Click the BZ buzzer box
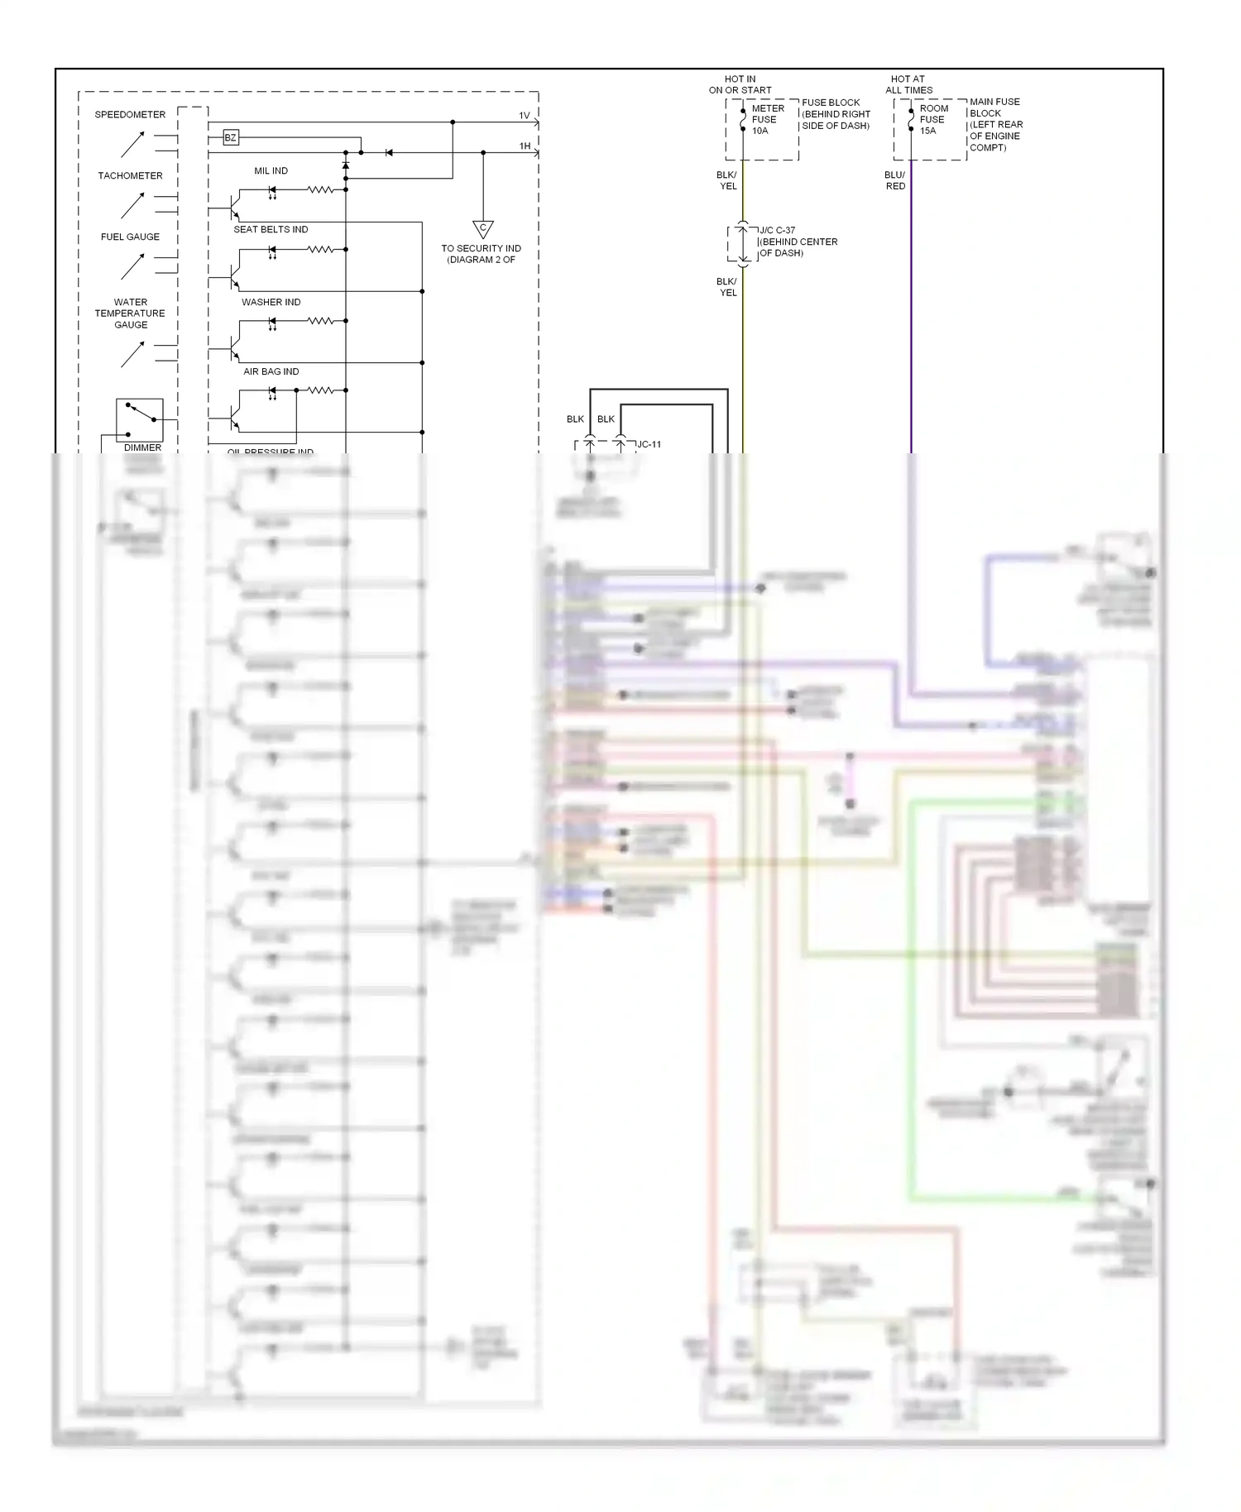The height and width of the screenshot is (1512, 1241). (x=231, y=138)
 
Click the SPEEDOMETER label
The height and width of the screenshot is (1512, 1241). (x=130, y=115)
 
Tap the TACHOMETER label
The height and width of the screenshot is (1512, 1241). (x=130, y=176)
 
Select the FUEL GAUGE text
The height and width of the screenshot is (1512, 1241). (x=130, y=237)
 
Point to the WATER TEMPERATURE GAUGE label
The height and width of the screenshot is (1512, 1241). (x=130, y=313)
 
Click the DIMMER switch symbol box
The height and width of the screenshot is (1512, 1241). (x=140, y=420)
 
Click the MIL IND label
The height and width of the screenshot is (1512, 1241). (x=271, y=171)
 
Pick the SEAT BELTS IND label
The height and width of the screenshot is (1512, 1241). (x=271, y=230)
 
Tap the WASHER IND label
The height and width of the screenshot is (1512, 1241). (x=271, y=303)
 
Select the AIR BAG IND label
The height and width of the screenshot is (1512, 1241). (x=271, y=372)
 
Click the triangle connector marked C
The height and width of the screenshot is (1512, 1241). (x=483, y=229)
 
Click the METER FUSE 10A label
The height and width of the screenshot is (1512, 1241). (x=767, y=120)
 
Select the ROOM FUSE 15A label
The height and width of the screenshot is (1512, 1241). (x=933, y=120)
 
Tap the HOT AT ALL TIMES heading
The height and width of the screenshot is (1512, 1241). (x=908, y=84)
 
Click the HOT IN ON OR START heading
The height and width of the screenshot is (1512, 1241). (x=740, y=84)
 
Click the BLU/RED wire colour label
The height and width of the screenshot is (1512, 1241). (x=895, y=180)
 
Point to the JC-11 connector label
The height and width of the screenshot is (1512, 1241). (x=649, y=445)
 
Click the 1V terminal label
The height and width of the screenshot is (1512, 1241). (x=525, y=116)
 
